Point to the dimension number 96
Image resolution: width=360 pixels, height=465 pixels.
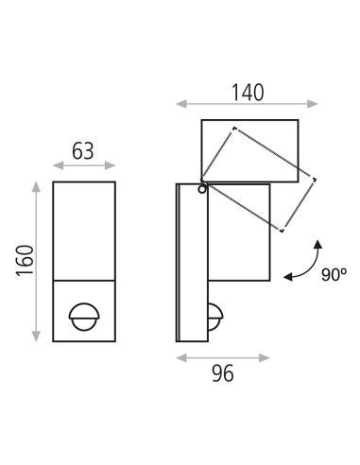pyautogui.click(x=222, y=375)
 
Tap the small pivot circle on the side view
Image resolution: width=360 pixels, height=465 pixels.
pyautogui.click(x=202, y=189)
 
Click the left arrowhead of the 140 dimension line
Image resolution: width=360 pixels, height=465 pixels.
pyautogui.click(x=179, y=104)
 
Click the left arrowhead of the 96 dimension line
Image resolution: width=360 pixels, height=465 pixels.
pyautogui.click(x=179, y=357)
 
